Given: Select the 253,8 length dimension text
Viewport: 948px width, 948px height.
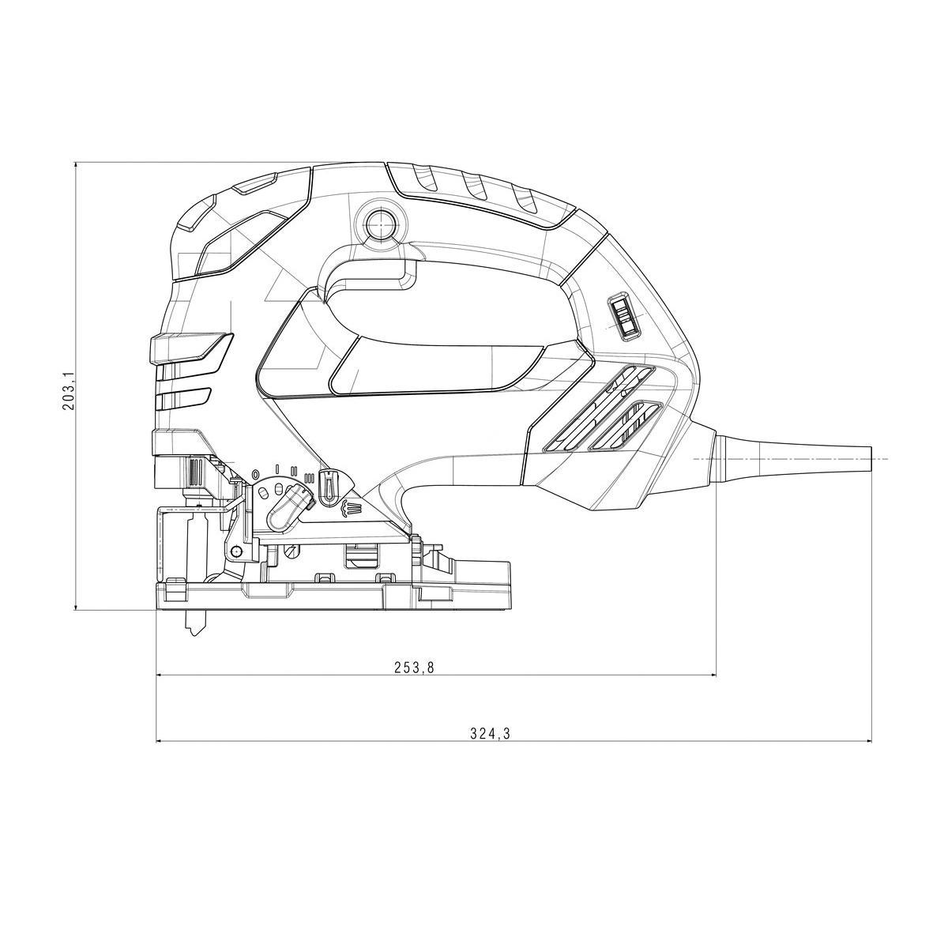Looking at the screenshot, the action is click(414, 668).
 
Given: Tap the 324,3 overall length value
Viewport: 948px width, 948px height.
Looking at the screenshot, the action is click(491, 747).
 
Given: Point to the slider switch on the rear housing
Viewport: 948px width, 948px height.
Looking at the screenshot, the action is click(624, 318).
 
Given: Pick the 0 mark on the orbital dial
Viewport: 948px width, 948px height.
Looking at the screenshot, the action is click(254, 475).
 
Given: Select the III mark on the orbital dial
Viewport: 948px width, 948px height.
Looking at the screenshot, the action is click(310, 478).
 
